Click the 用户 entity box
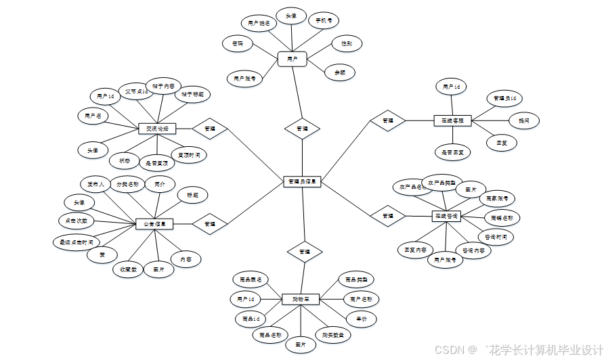(292, 60)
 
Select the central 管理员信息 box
(301, 181)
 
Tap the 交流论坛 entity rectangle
(157, 128)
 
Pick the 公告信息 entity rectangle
(154, 223)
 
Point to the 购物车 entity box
(301, 299)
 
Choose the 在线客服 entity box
(452, 120)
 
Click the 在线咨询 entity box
(446, 216)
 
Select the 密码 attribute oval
(238, 44)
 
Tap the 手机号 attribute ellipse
(324, 21)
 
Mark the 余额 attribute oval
(339, 72)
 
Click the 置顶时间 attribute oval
(189, 155)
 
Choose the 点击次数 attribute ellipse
(77, 221)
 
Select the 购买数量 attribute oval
(332, 334)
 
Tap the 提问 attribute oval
(523, 120)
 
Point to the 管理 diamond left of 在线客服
(388, 120)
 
